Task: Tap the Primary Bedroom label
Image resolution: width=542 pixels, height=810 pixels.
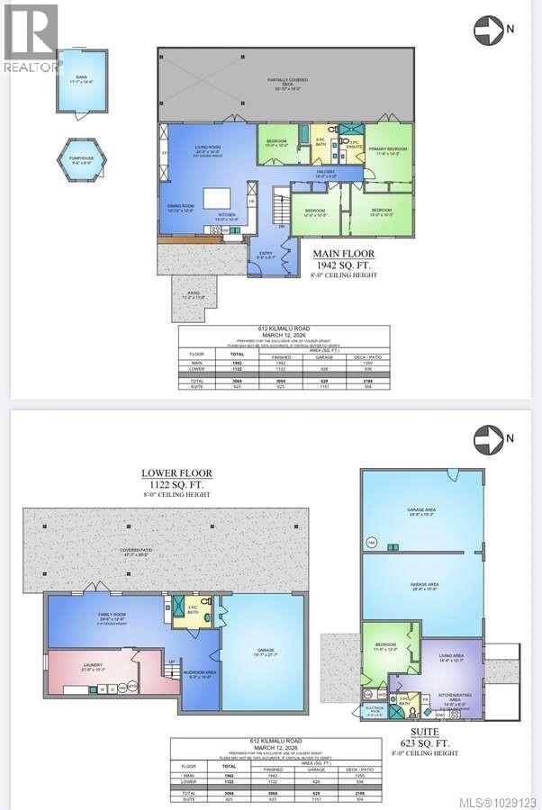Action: [388, 152]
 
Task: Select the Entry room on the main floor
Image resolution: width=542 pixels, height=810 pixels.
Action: [266, 254]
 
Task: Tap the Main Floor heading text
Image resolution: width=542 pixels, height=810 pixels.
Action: [345, 254]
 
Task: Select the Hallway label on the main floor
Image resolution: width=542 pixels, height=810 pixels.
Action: [325, 174]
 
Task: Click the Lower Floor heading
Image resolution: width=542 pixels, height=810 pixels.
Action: [176, 472]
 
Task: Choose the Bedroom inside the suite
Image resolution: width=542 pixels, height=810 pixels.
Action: [386, 645]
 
